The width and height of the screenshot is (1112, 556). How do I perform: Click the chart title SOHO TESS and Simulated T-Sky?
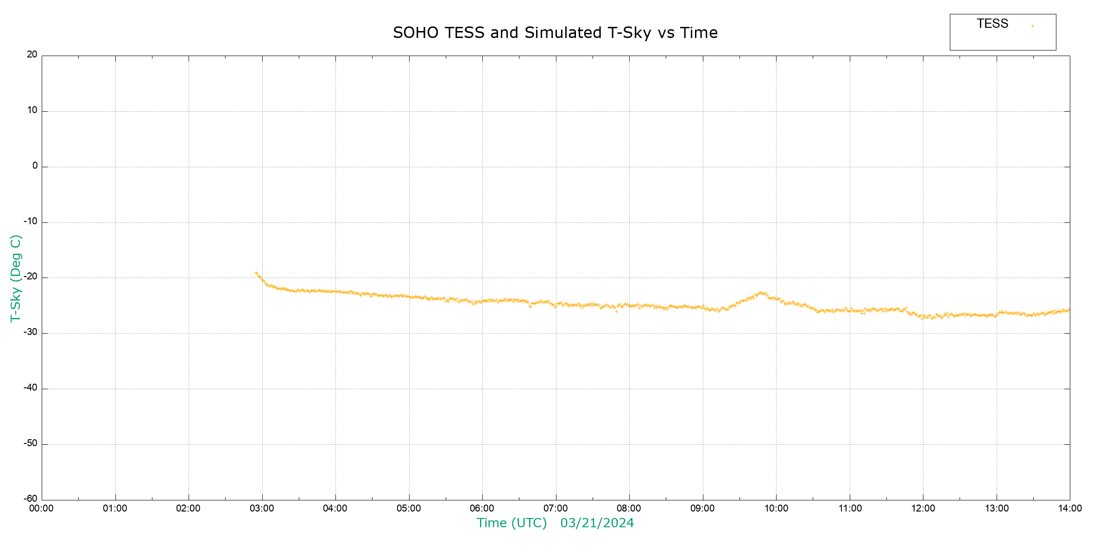coord(555,33)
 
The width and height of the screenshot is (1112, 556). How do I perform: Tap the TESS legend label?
coord(992,24)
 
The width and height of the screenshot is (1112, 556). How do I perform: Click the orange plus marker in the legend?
coord(1032,26)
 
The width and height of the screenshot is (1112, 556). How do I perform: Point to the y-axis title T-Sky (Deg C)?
coord(16,278)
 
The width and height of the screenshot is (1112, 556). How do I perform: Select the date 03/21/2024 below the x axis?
coord(597,523)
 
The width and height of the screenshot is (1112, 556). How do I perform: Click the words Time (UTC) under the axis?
coord(512,523)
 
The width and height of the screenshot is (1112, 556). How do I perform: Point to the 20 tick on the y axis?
coord(32,55)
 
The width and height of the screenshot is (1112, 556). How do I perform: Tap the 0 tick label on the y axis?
coord(35,166)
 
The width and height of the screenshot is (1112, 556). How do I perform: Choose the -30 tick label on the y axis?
coord(31,333)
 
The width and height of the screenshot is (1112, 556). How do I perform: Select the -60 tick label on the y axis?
coord(31,499)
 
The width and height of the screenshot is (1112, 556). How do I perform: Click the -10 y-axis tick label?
coord(31,221)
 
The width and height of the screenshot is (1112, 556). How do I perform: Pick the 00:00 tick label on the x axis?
coord(42,509)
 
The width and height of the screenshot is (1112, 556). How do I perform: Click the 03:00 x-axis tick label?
coord(262,509)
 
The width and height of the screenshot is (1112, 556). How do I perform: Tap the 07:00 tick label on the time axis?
coord(556,509)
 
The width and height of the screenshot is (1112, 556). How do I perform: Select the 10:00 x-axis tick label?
coord(776,509)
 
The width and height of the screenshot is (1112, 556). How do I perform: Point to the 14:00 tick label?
coord(1070,509)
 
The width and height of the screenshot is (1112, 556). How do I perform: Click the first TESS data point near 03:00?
coord(256,273)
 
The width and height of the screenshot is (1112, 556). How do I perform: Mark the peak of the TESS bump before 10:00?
coord(761,293)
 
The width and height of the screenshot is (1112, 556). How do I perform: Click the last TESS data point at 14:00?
coord(1068,310)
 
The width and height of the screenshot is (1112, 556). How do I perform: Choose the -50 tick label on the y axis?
coord(31,443)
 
